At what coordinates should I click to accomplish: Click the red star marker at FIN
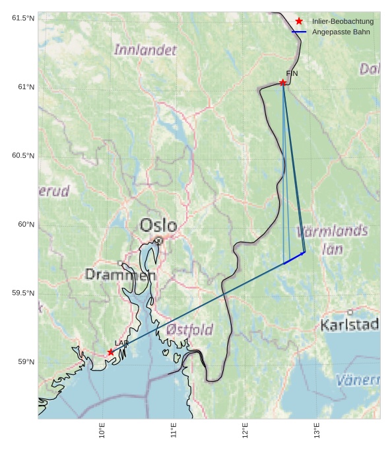point(282,83)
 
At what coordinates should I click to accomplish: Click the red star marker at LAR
point(111,352)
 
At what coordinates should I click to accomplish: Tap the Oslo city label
point(158,225)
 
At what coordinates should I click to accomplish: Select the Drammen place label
point(120,274)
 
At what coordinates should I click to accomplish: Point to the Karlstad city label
point(349,324)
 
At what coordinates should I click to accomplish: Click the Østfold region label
point(190,329)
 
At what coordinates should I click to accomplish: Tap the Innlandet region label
point(145,50)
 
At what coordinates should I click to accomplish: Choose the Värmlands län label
point(332,239)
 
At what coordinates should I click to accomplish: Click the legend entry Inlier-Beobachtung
point(343,21)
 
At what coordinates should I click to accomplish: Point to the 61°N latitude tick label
point(23,87)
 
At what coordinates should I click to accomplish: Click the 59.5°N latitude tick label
point(23,293)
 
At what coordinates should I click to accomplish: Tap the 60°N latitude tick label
point(23,225)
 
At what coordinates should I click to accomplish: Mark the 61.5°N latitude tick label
point(23,18)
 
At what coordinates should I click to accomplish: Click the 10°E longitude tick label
point(102,431)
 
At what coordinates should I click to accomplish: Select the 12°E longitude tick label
point(245,431)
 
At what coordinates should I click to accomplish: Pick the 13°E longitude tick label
point(316,431)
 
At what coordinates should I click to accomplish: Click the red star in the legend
point(299,21)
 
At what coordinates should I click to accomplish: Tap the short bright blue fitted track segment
point(294,258)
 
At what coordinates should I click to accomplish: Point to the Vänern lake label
point(358,380)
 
